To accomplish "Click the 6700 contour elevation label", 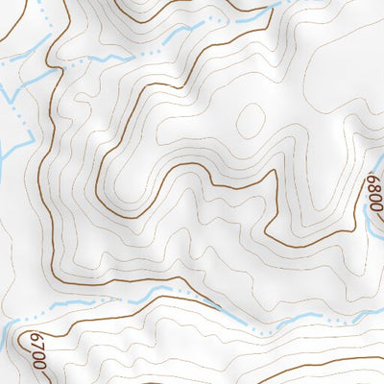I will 39,350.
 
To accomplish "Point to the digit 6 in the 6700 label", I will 38,337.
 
